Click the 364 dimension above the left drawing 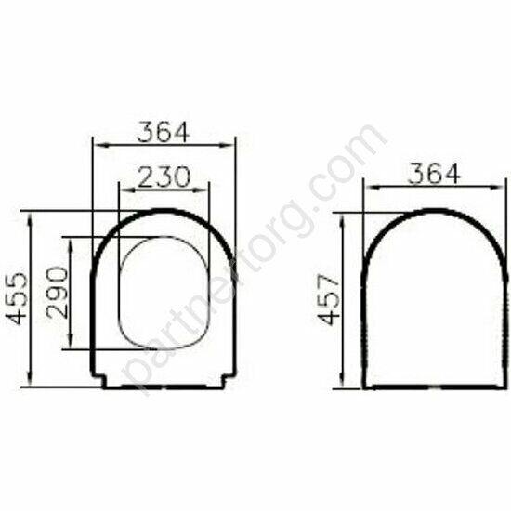click(164, 132)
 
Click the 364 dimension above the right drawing click(434, 174)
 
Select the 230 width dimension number click(164, 177)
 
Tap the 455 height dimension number click(17, 299)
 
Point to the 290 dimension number click(58, 293)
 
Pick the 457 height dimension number click(330, 300)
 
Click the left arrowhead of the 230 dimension click(125, 190)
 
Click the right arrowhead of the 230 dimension click(202, 190)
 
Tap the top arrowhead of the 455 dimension click(31, 217)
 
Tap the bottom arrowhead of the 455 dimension click(31, 380)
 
